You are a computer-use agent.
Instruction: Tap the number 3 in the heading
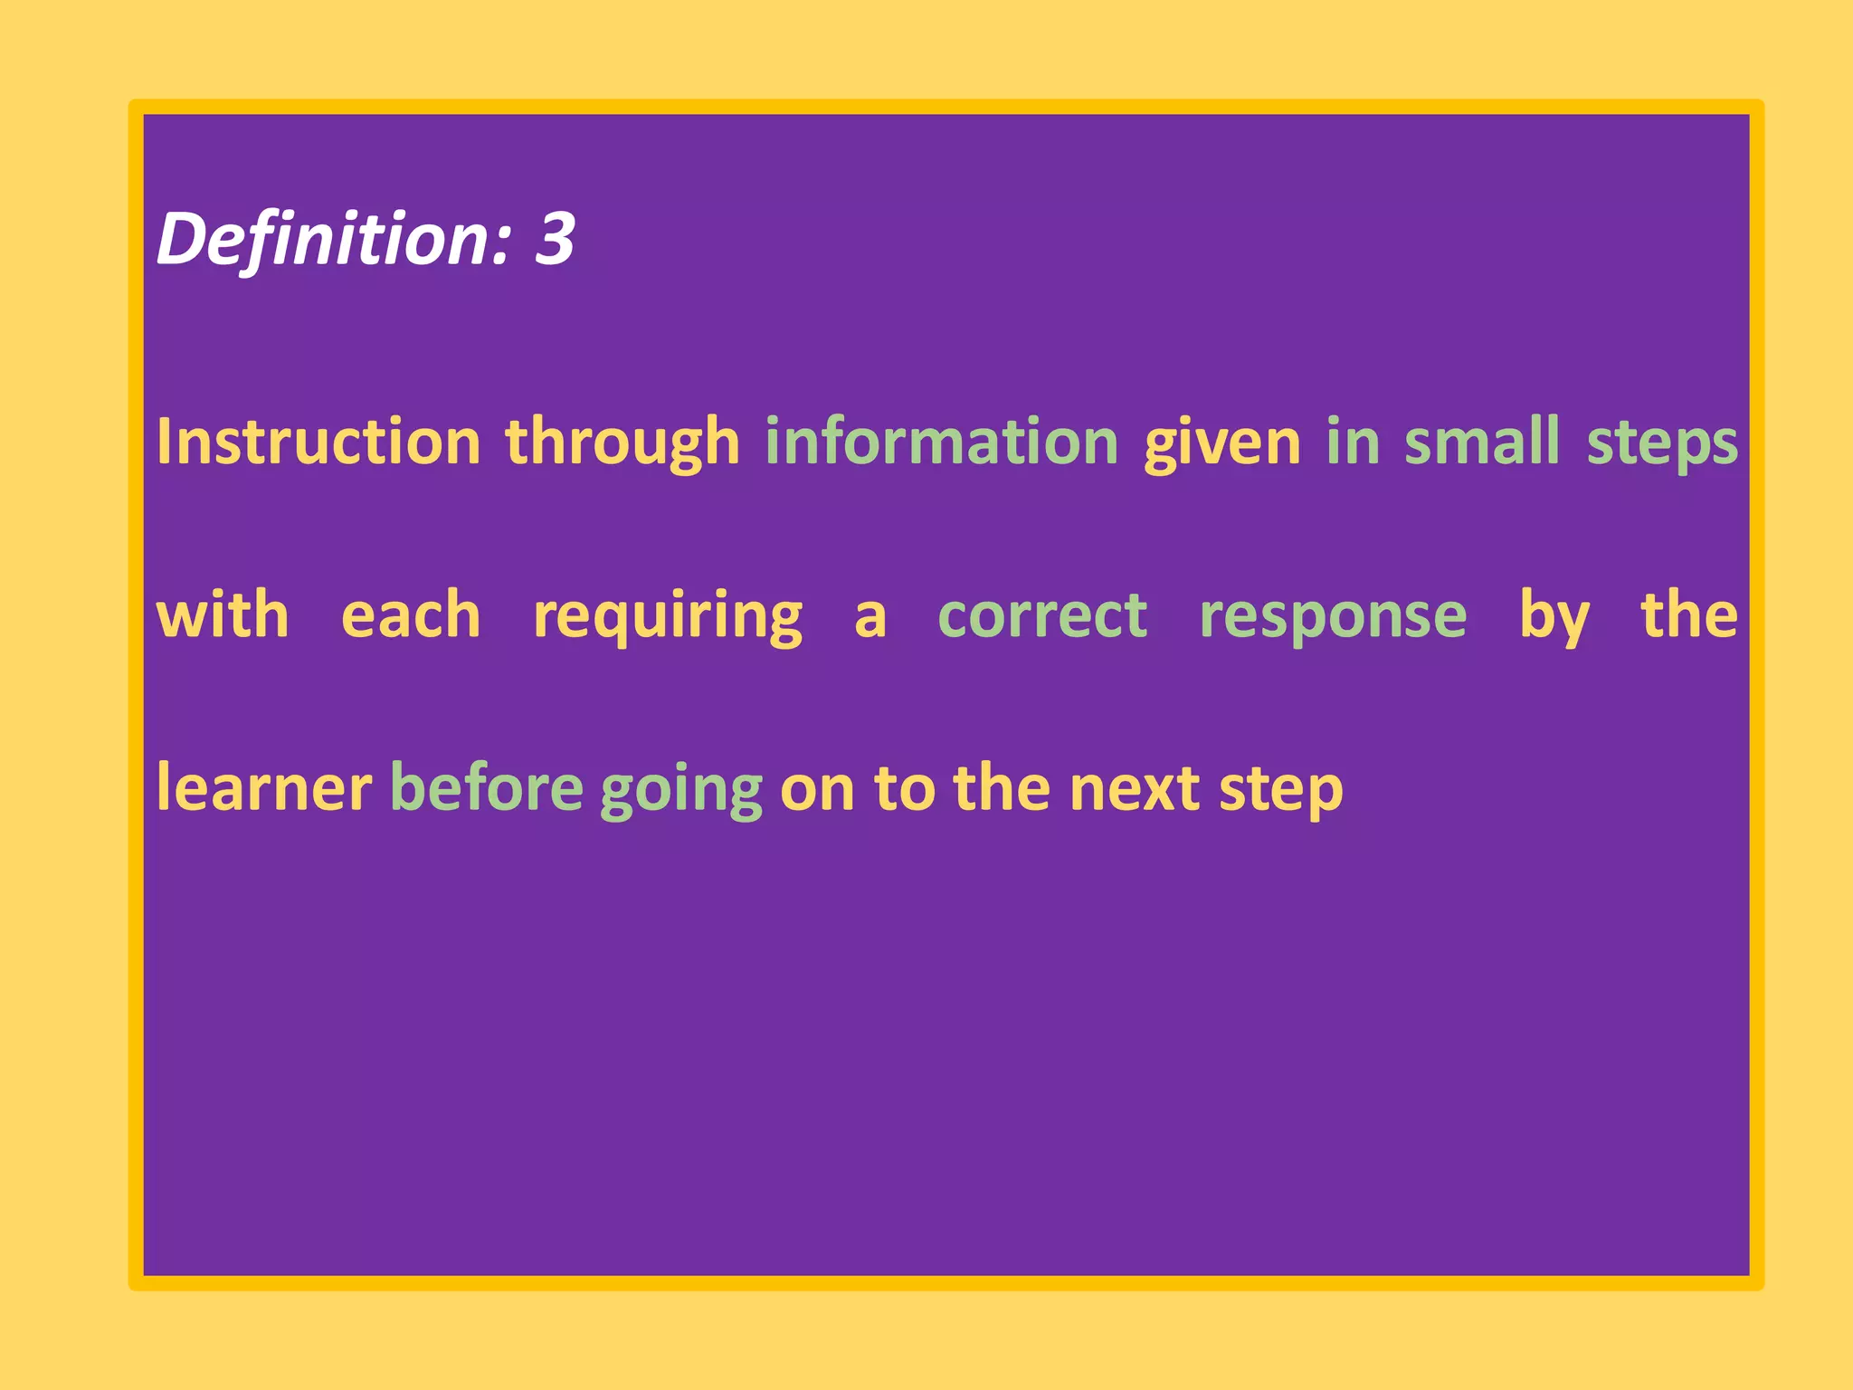point(555,239)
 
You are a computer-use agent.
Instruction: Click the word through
point(622,443)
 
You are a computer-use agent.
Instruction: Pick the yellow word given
point(1222,443)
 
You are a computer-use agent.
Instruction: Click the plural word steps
point(1662,443)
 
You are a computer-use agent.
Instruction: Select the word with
point(223,615)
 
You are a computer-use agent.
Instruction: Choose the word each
point(411,615)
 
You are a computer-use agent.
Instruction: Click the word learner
point(263,788)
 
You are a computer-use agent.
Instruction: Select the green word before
point(487,788)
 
